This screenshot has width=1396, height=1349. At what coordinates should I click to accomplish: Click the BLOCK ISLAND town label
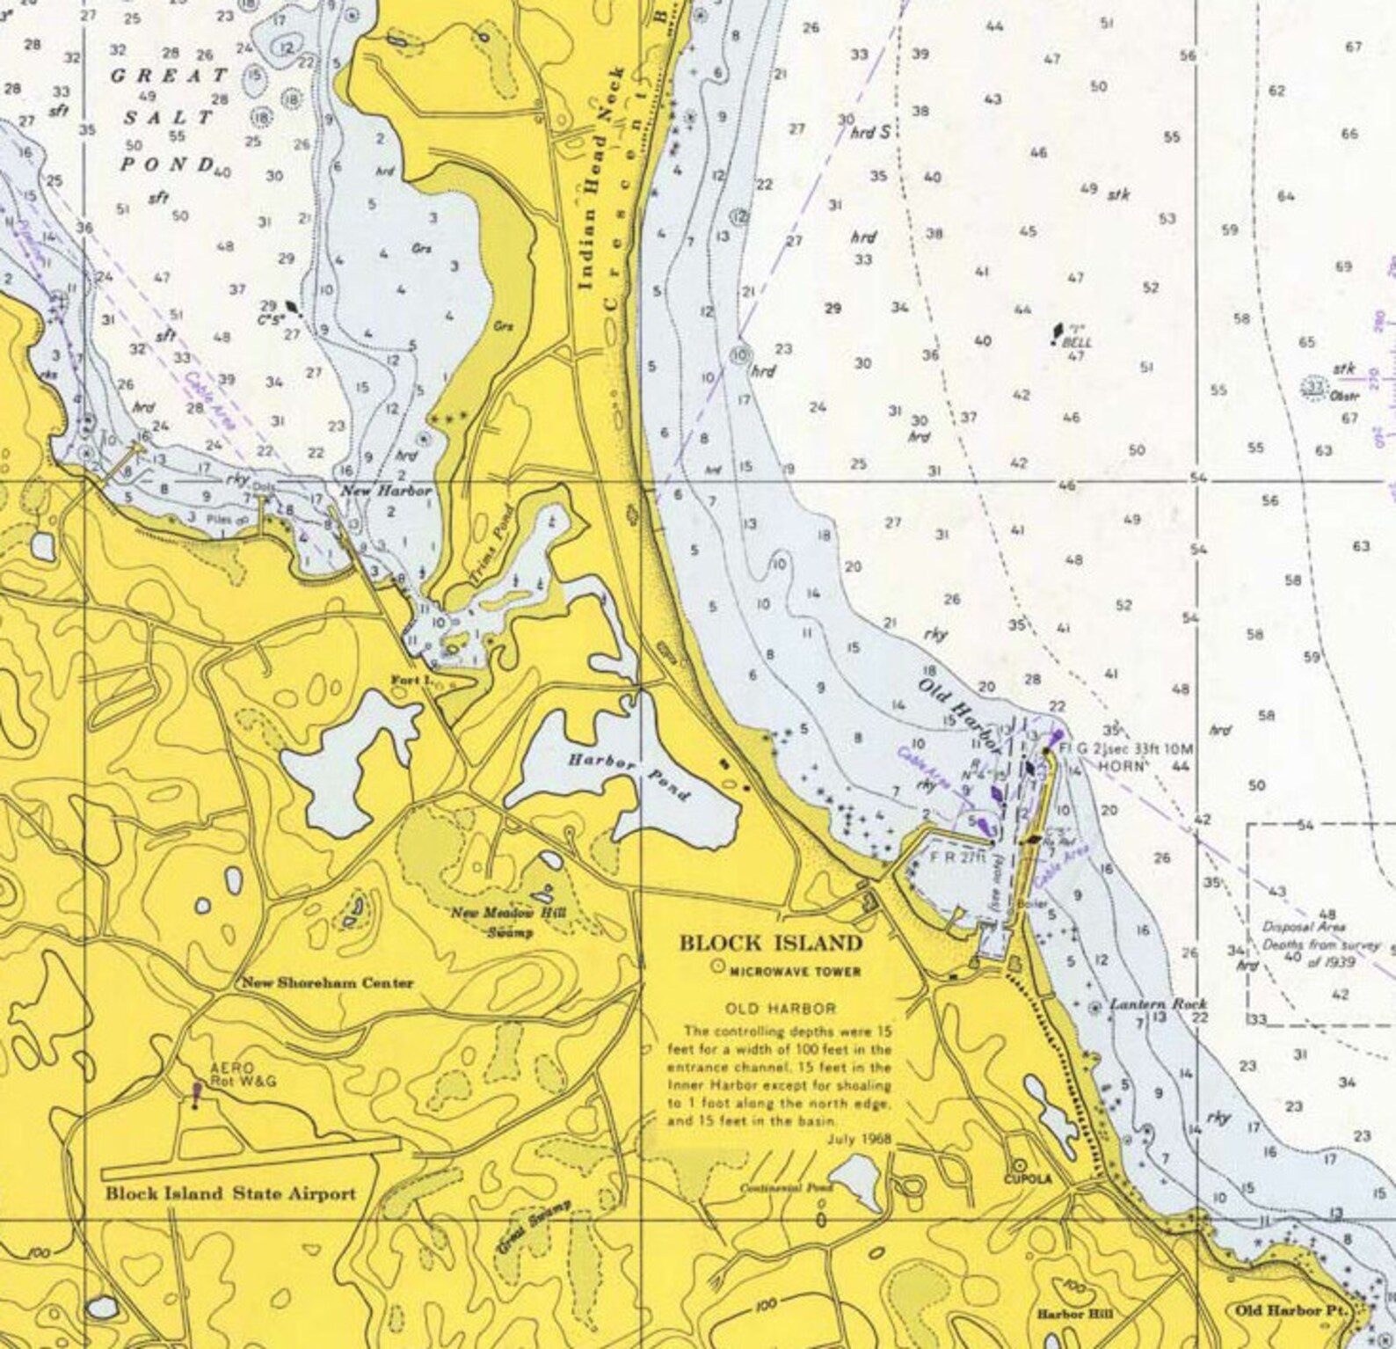coord(770,944)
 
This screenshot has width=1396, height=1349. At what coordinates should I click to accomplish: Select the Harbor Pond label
coord(629,777)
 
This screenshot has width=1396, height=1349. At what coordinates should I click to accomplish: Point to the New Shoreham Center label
coord(327,983)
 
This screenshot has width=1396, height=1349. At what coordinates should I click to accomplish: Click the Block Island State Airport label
coord(230,1193)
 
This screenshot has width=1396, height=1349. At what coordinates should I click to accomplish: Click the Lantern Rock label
coord(1158,1004)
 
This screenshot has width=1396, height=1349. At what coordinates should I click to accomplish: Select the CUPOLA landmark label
coord(1028,1178)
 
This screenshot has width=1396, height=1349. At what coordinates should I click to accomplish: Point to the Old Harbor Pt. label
coord(1291,1310)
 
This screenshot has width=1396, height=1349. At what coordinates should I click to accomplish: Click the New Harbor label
coord(387,491)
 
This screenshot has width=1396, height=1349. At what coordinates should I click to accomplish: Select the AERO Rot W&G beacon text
coord(243,1075)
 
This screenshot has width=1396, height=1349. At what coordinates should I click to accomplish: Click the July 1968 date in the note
coord(859,1139)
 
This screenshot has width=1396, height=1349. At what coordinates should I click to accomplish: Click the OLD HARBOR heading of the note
coord(781,1008)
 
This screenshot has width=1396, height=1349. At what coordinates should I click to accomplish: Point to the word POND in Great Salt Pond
coord(167,164)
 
